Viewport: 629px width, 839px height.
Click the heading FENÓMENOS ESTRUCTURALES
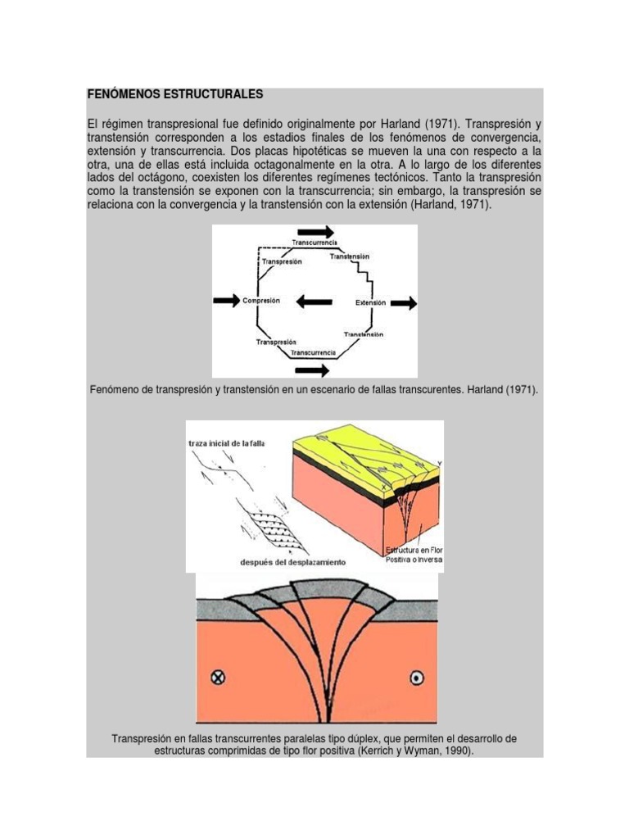tap(175, 94)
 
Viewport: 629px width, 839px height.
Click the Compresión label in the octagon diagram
tap(261, 301)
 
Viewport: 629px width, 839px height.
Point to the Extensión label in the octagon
tap(370, 302)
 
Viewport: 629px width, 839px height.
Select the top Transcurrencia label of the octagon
tap(314, 243)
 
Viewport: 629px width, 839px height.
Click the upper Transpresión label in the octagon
tap(281, 261)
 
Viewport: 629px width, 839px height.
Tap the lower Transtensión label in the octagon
tap(364, 334)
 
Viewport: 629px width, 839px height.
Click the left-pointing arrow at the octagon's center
tap(314, 302)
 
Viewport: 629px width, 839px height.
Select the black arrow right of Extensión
tap(403, 303)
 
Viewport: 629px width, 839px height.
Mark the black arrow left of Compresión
tap(226, 302)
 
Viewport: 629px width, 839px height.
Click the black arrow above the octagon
tap(315, 231)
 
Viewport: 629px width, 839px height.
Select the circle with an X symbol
tap(218, 677)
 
